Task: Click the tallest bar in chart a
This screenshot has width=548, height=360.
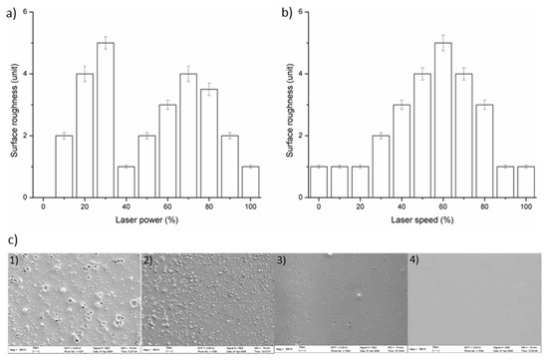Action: [x=106, y=120]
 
